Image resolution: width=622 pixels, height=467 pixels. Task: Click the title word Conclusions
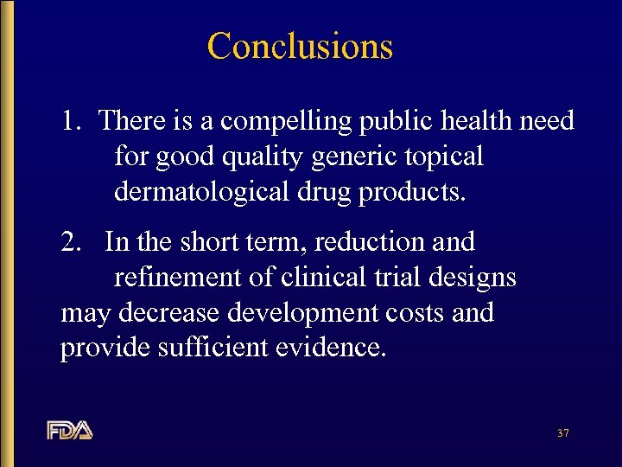tap(300, 46)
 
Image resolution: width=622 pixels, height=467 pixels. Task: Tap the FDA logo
tap(70, 430)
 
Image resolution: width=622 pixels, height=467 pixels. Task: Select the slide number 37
tap(562, 432)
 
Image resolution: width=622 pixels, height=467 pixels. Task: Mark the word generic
tap(356, 157)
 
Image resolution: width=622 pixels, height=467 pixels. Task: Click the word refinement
tap(178, 278)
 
